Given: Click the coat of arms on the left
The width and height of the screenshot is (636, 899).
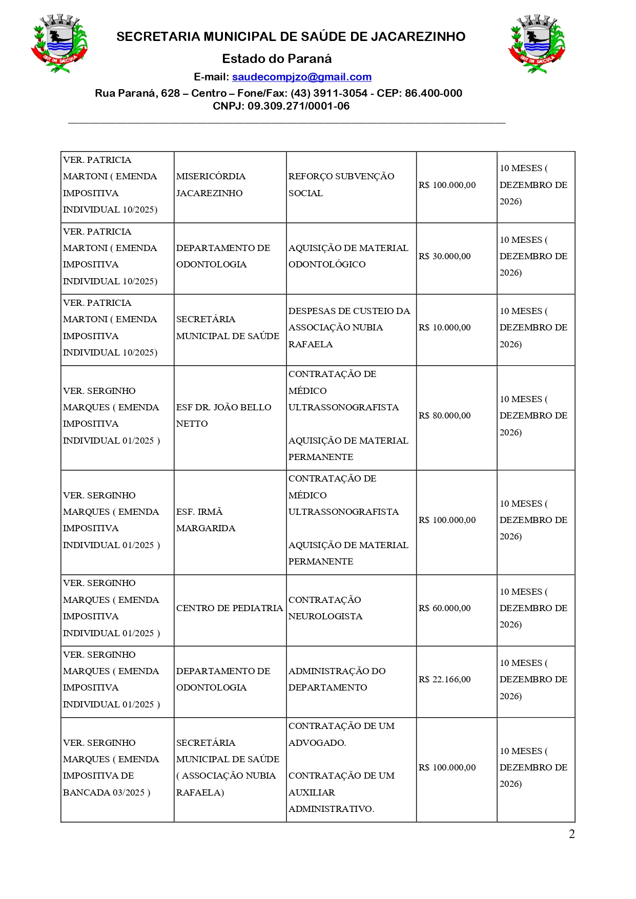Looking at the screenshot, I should tap(59, 44).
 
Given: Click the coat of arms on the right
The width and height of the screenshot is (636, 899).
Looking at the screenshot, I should tap(537, 44).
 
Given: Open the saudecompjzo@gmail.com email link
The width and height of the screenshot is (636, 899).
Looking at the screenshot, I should tap(301, 77).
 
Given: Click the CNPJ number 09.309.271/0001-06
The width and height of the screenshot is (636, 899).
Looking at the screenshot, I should tap(298, 106).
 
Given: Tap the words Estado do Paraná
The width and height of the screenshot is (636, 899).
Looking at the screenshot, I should tap(277, 58).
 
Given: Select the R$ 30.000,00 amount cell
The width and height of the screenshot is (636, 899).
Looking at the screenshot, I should tap(444, 256).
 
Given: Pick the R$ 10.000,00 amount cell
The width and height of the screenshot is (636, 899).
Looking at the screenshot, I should tap(444, 327).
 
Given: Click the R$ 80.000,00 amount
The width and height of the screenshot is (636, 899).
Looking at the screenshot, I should tap(444, 415).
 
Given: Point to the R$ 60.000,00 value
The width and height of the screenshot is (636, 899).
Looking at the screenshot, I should tap(444, 608).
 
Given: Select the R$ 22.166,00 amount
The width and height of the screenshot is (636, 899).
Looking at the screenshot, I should tap(444, 679).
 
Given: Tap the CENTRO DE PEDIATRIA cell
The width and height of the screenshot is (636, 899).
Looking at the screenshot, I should tap(229, 608).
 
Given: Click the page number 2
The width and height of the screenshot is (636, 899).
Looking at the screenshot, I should tap(571, 834).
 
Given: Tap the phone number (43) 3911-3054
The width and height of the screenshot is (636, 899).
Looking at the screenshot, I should tap(329, 93).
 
